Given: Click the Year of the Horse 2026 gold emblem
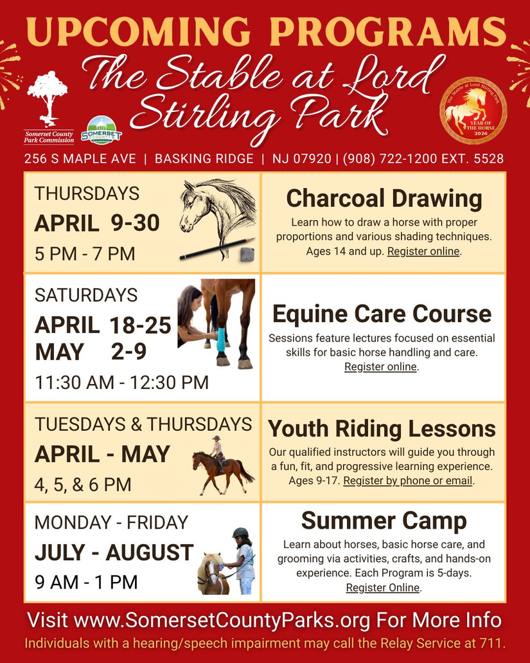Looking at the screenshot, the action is [473, 111].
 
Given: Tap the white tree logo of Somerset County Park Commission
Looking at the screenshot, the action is [48, 99].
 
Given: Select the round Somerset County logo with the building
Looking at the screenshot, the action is [101, 131].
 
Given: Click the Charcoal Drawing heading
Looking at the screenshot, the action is [384, 198].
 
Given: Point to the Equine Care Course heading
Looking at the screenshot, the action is [382, 314].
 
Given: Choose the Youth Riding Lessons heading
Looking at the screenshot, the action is [382, 429].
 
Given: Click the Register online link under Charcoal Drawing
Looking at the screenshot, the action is [423, 251].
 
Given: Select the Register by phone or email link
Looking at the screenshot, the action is [407, 481].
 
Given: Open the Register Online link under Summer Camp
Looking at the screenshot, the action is [383, 588].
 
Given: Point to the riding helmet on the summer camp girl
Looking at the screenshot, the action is [240, 533].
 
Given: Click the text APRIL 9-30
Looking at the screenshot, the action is [97, 223].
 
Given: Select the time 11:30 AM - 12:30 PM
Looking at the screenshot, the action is [121, 382].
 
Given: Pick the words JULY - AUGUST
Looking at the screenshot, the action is [114, 552].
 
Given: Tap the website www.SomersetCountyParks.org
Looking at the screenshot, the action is [222, 621].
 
